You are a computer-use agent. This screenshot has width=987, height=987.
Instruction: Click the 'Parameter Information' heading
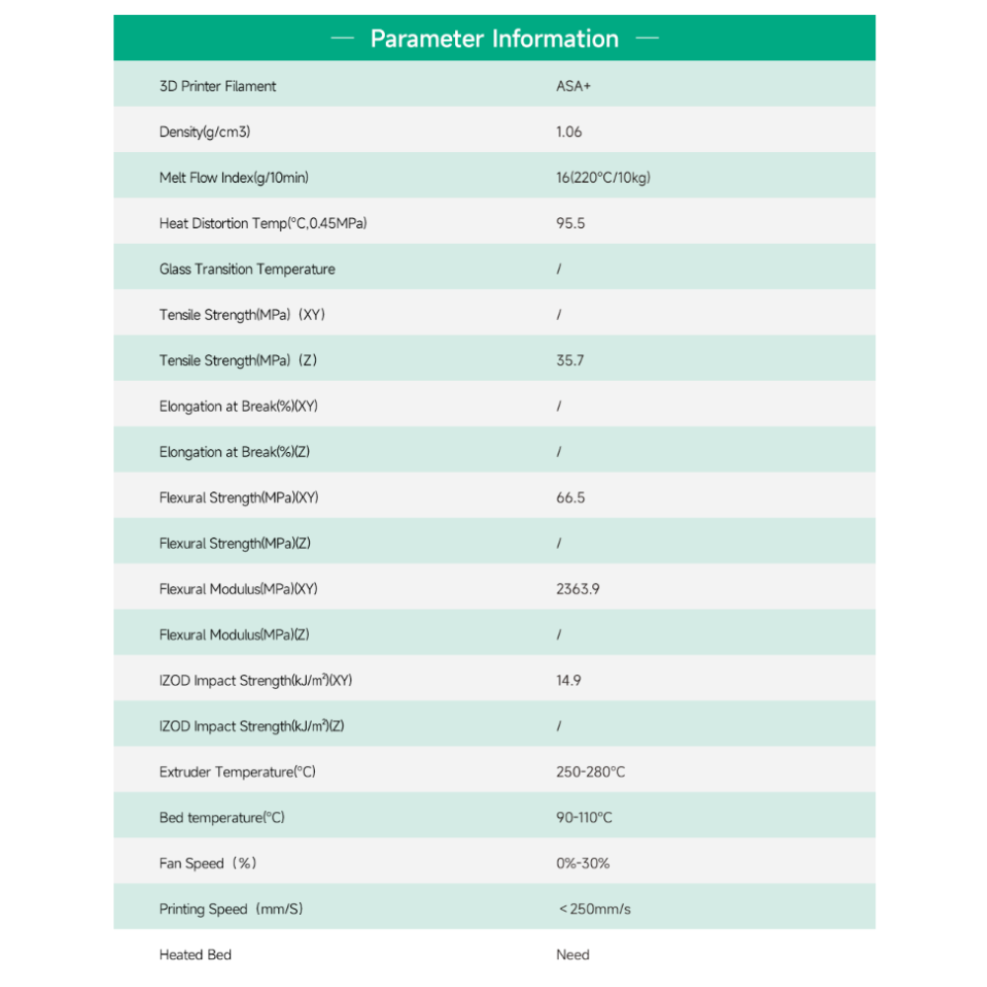point(493,38)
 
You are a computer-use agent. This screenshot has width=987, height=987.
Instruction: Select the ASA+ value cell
point(573,86)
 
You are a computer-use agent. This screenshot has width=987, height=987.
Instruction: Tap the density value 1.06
point(569,131)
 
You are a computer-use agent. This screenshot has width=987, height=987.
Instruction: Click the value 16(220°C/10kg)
point(603,178)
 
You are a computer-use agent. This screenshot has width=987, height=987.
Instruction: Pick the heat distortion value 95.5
point(570,223)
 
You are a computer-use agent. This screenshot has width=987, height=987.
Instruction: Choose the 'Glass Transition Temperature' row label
point(247,268)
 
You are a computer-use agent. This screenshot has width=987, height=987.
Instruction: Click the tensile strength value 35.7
point(569,360)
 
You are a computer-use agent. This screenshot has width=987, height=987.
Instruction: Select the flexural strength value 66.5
point(570,497)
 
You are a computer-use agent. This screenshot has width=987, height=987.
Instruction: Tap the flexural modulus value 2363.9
point(578,589)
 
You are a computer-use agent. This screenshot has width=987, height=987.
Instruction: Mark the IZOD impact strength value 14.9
point(569,680)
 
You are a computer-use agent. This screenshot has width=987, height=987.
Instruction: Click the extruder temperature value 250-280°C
point(590,772)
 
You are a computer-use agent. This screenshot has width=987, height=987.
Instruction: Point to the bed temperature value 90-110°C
point(584,817)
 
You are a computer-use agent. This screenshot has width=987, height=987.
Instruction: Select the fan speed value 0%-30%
point(583,863)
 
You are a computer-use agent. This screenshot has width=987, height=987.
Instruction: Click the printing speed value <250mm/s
point(594,909)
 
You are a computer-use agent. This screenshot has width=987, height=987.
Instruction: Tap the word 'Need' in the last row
point(572,954)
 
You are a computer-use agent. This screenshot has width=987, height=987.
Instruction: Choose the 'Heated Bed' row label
point(195,954)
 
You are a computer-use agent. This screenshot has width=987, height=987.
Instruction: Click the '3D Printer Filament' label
point(217,86)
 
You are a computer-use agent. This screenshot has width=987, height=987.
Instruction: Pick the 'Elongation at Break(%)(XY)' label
point(238,406)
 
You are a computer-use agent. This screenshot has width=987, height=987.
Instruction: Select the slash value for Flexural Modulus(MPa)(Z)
point(559,635)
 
